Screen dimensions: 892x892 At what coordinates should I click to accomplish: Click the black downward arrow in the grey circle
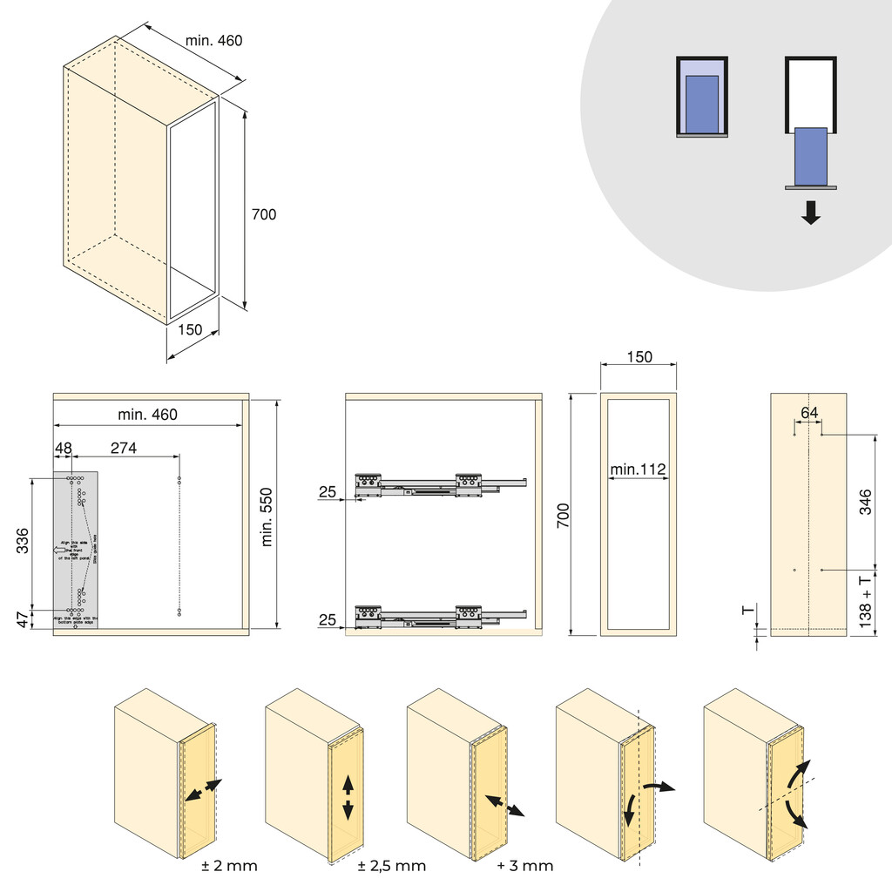811,213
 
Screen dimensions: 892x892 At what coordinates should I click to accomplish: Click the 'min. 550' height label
267,516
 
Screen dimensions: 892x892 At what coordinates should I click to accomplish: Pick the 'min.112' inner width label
638,470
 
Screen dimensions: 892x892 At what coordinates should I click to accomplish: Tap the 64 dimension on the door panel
809,414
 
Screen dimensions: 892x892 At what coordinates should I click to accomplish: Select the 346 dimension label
865,503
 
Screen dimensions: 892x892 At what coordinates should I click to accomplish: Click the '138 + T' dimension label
865,601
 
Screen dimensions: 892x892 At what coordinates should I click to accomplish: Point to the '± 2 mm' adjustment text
229,866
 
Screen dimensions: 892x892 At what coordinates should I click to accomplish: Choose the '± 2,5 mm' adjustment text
392,866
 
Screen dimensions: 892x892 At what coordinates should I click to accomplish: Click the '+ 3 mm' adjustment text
525,866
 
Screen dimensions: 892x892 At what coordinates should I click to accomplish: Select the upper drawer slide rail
440,484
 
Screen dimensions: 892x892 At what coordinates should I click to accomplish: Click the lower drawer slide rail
440,616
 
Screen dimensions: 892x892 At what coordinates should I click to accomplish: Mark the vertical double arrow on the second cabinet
348,796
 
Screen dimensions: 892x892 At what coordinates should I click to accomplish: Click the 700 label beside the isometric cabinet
263,214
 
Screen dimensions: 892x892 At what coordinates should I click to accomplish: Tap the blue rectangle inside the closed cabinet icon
702,104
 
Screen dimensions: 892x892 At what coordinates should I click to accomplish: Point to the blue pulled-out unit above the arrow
811,156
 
